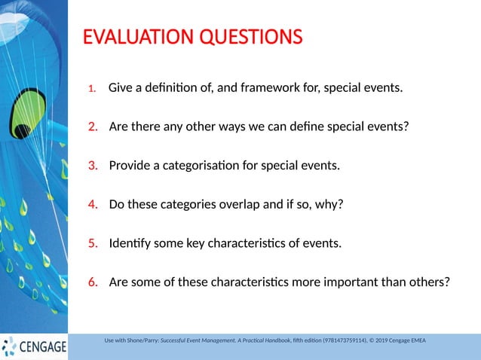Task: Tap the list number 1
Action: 91,89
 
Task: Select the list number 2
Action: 93,126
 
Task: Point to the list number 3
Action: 93,165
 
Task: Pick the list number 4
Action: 93,203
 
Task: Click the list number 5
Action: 93,243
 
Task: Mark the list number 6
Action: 93,282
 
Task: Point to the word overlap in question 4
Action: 225,203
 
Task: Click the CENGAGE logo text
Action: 42,347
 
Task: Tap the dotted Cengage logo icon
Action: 9,346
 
